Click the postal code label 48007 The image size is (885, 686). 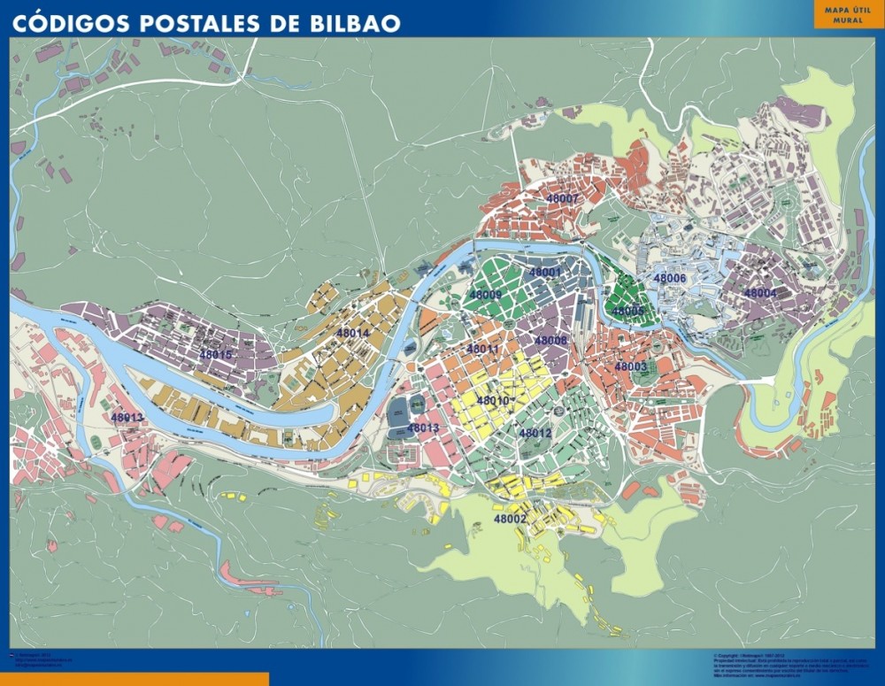[x=563, y=199]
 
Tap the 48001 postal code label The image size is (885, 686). [x=545, y=272]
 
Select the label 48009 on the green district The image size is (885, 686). [x=485, y=295]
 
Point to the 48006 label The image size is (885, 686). [x=670, y=278]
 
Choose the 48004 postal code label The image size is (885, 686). [x=759, y=293]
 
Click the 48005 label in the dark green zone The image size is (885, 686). [x=628, y=311]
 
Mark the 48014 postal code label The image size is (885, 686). [x=353, y=333]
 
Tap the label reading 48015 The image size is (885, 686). [x=216, y=355]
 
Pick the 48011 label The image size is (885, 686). [x=483, y=349]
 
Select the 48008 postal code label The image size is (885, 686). [x=550, y=341]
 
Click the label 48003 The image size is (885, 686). [x=631, y=366]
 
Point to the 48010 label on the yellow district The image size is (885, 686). [x=493, y=400]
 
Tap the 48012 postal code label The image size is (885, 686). [x=535, y=433]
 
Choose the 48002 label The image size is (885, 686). [x=511, y=519]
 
